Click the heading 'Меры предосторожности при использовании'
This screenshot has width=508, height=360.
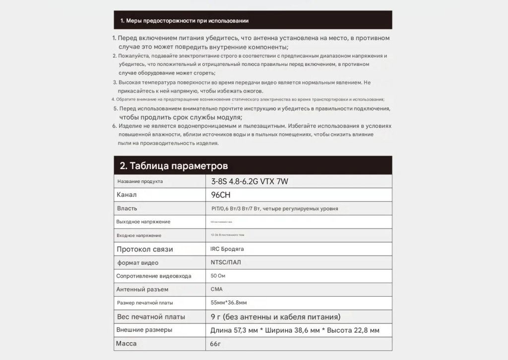[185, 21]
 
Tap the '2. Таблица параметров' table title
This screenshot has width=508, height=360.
[174, 166]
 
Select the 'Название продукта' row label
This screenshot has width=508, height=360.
[140, 181]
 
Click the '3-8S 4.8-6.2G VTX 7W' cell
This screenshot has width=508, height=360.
[250, 181]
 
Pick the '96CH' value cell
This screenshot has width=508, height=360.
[221, 195]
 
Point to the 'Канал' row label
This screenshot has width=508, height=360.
[127, 195]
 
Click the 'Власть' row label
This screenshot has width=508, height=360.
[127, 208]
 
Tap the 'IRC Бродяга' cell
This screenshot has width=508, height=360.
[227, 249]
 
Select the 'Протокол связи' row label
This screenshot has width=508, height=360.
[144, 249]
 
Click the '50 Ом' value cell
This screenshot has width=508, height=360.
[218, 276]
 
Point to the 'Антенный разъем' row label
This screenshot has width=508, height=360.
[142, 289]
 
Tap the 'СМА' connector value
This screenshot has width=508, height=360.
[217, 289]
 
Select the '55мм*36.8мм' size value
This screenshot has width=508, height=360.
[229, 302]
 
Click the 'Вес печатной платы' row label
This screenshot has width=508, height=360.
[151, 316]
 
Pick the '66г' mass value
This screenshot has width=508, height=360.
[215, 344]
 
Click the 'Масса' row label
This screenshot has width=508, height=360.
[126, 343]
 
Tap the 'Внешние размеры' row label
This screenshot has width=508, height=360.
[144, 330]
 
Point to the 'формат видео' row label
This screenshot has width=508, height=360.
[137, 262]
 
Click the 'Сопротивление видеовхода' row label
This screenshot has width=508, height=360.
[154, 276]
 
